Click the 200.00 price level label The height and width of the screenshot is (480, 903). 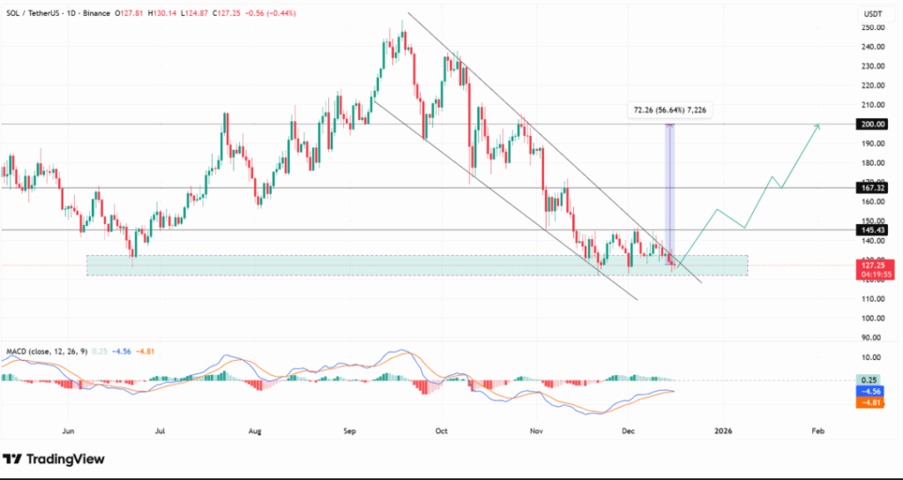tap(873, 124)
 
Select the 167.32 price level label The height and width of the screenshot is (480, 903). tap(873, 188)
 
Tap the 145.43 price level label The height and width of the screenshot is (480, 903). tap(873, 229)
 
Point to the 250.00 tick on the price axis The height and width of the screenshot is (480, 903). tap(873, 27)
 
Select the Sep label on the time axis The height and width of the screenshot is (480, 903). tap(350, 431)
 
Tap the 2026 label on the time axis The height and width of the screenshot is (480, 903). tap(723, 431)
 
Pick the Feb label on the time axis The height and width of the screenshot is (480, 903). tap(817, 431)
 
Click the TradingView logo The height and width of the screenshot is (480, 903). tap(55, 459)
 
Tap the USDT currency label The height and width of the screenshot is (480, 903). tap(871, 13)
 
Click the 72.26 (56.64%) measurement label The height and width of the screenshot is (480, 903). tap(668, 110)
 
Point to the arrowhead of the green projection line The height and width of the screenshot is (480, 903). tap(819, 126)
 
